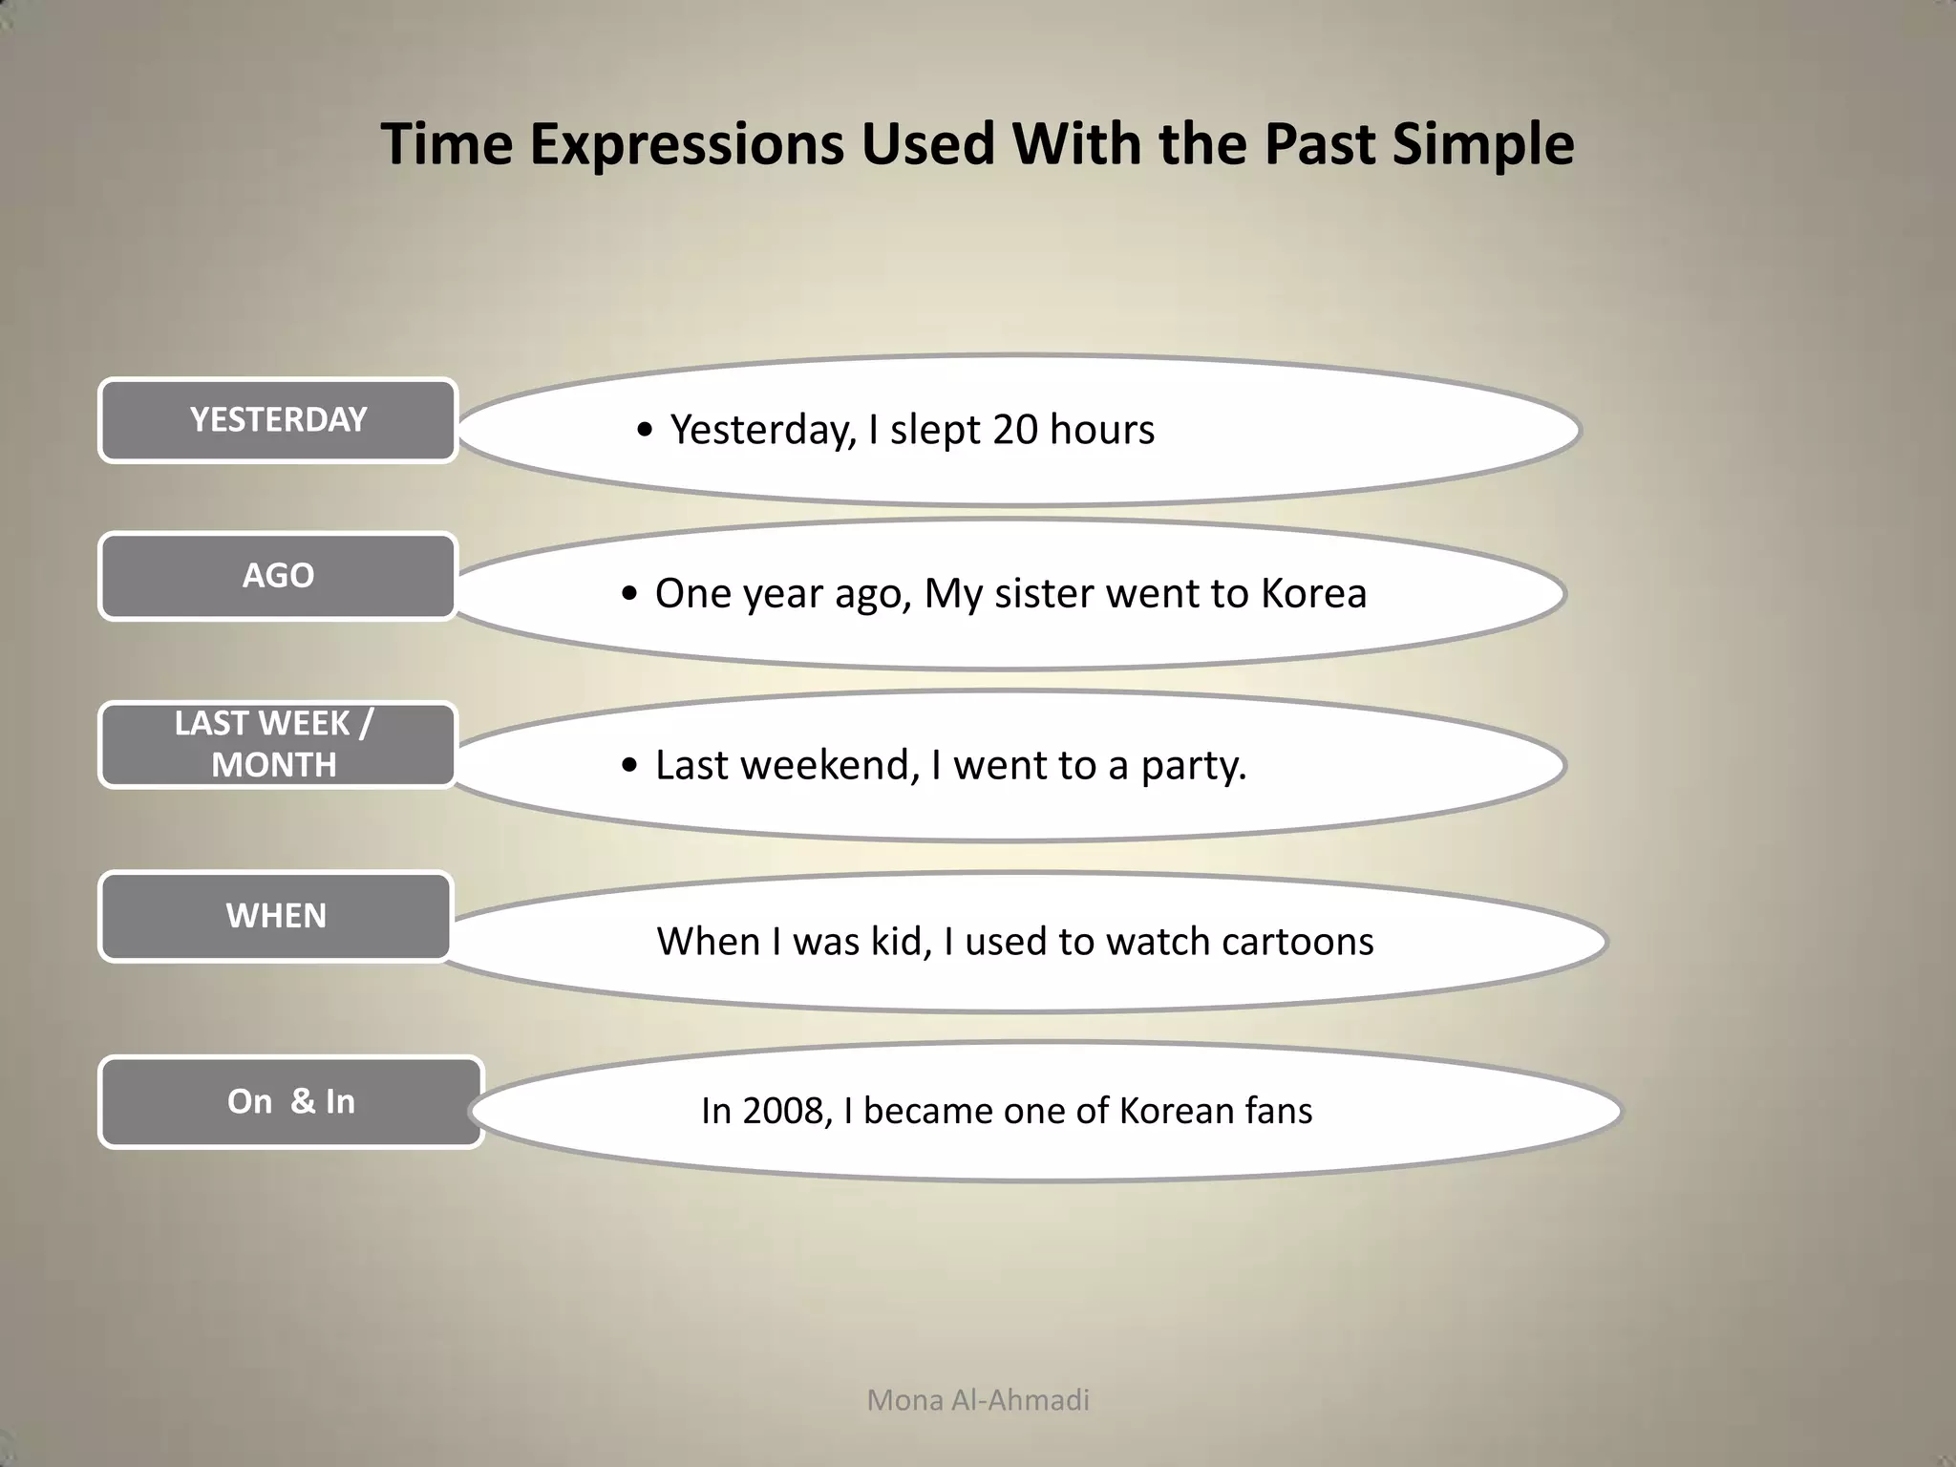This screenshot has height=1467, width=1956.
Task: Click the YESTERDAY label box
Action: [278, 420]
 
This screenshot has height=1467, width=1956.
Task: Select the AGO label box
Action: [278, 576]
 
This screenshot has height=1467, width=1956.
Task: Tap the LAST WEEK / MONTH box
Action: [276, 745]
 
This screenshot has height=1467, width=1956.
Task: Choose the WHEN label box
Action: [276, 916]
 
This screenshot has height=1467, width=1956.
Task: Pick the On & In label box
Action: [291, 1101]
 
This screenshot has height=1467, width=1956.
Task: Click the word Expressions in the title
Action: [687, 145]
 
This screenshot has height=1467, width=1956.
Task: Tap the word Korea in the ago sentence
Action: [1313, 593]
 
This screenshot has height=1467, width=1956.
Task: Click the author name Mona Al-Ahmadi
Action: [977, 1400]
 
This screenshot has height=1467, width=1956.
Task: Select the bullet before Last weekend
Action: [628, 766]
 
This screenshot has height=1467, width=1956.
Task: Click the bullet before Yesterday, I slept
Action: [645, 431]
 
